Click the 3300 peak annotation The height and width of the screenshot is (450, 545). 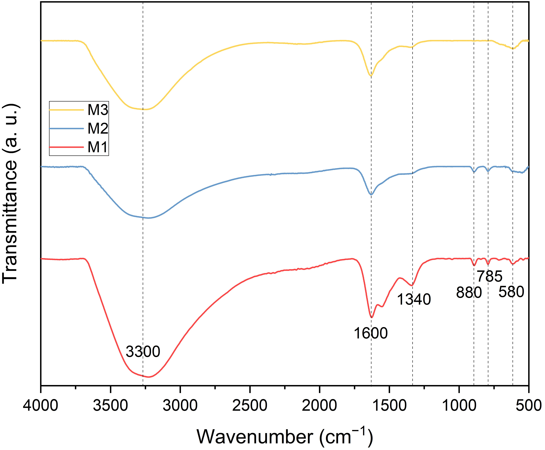[143, 352]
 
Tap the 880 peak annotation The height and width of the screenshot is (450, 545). [469, 293]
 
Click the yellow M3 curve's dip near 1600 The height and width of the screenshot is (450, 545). [371, 76]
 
